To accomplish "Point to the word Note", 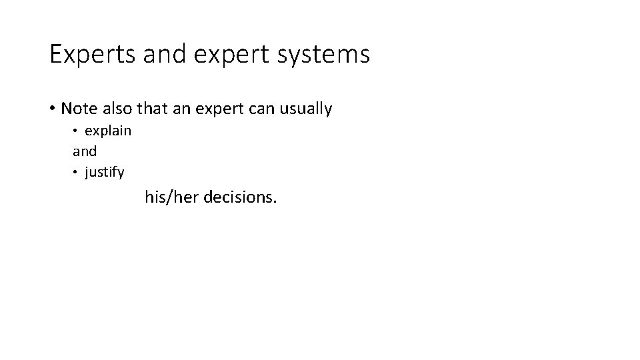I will (x=79, y=109).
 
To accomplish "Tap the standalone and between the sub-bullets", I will (x=85, y=151).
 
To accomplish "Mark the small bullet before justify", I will (x=76, y=173).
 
